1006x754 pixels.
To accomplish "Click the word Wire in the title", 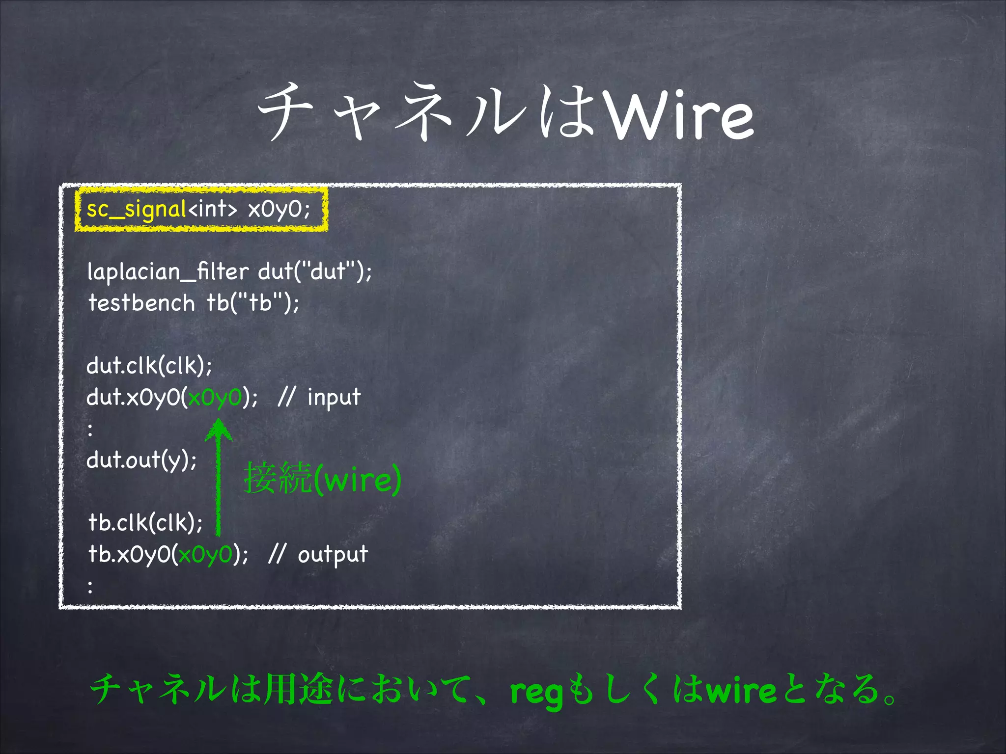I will [x=680, y=116].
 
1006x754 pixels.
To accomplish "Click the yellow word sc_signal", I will [x=136, y=210].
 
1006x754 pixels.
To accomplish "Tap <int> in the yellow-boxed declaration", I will [x=212, y=210].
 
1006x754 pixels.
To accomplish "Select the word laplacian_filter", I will [x=168, y=272].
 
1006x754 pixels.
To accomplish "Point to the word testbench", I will [x=141, y=303].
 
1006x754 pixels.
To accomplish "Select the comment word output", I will [x=333, y=555].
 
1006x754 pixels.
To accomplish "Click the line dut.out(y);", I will [x=141, y=460].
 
